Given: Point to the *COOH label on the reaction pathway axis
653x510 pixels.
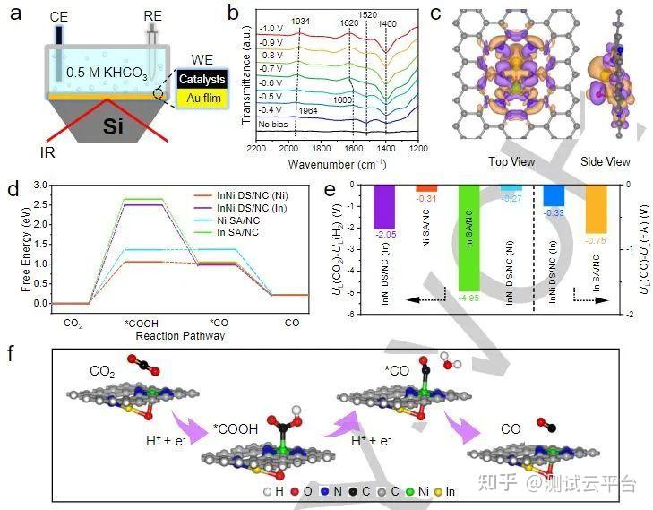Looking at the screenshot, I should [143, 320].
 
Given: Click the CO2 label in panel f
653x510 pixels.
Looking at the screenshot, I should [103, 370].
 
